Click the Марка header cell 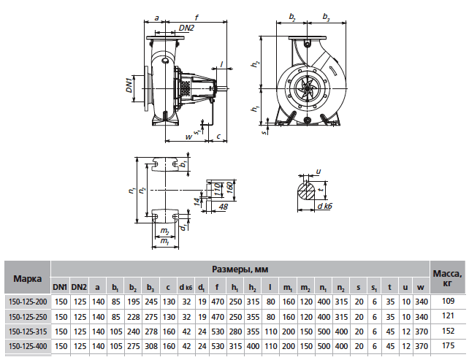click(x=26, y=278)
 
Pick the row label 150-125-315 click(x=26, y=330)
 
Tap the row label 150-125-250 click(x=26, y=315)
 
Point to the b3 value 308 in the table click(x=150, y=345)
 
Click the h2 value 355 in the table click(x=252, y=315)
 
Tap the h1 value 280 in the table click(x=234, y=330)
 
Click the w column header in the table click(x=420, y=286)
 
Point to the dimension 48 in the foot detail click(x=223, y=207)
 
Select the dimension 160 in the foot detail click(x=229, y=188)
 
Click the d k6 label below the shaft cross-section click(x=324, y=207)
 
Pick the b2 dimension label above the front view click(x=293, y=16)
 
